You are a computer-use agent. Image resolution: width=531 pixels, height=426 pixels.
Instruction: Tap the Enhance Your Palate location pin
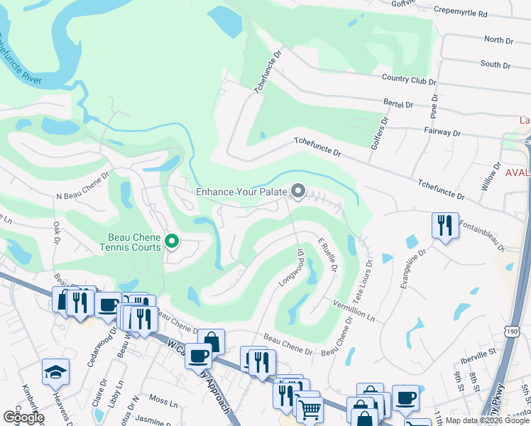coord(298,192)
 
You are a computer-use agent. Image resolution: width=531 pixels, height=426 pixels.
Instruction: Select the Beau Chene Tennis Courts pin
coord(171,243)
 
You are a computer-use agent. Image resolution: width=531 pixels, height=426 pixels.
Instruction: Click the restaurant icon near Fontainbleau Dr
coord(445,226)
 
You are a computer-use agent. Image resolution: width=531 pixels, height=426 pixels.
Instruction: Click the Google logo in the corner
coord(23,417)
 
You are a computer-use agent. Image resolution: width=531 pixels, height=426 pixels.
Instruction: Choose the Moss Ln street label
coord(163,403)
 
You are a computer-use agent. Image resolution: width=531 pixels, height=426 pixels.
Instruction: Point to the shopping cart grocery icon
coord(309,408)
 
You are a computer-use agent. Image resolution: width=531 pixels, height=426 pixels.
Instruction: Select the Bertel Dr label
coord(398,104)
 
